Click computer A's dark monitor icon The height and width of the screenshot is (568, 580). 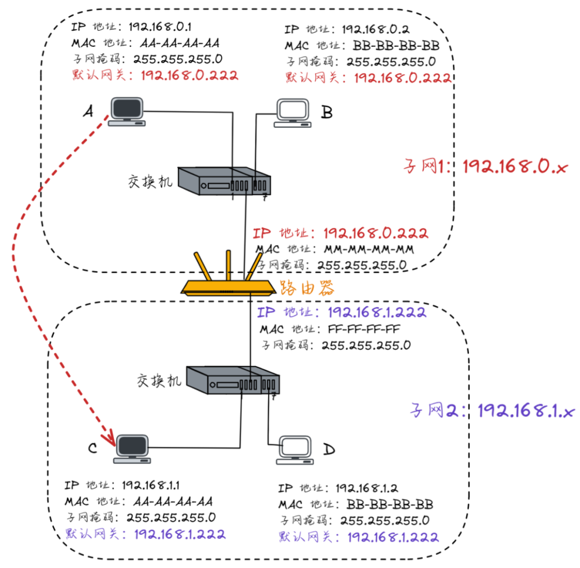click(127, 110)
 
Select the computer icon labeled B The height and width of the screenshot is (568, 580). click(292, 113)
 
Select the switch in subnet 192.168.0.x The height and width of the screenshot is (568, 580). click(224, 181)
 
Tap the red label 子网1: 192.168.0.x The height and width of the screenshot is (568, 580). click(486, 167)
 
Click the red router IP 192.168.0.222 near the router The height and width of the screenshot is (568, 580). click(375, 233)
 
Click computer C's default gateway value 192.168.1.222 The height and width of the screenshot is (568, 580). click(179, 534)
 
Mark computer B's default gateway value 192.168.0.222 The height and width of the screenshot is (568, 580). click(402, 77)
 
